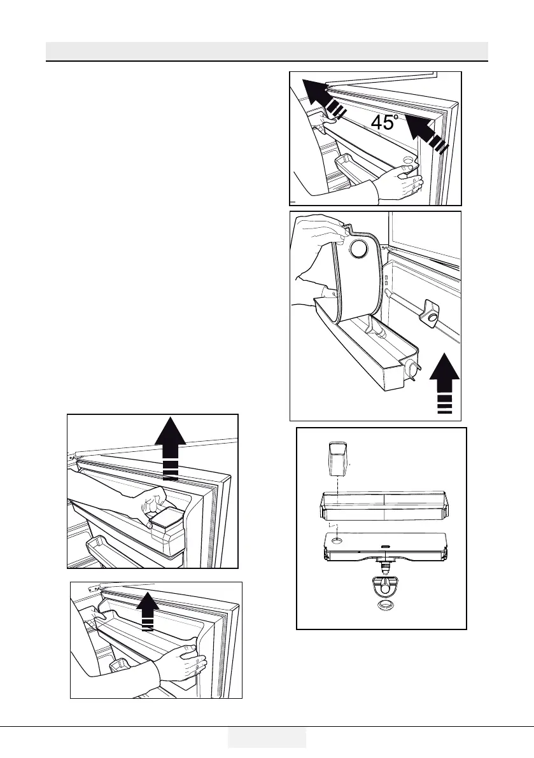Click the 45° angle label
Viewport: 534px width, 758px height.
[x=384, y=122]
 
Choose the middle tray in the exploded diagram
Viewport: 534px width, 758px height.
[x=384, y=507]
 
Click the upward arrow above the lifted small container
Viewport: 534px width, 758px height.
[x=170, y=445]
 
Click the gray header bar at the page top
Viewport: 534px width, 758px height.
[x=267, y=51]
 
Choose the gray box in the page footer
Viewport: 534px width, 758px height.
[x=267, y=738]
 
